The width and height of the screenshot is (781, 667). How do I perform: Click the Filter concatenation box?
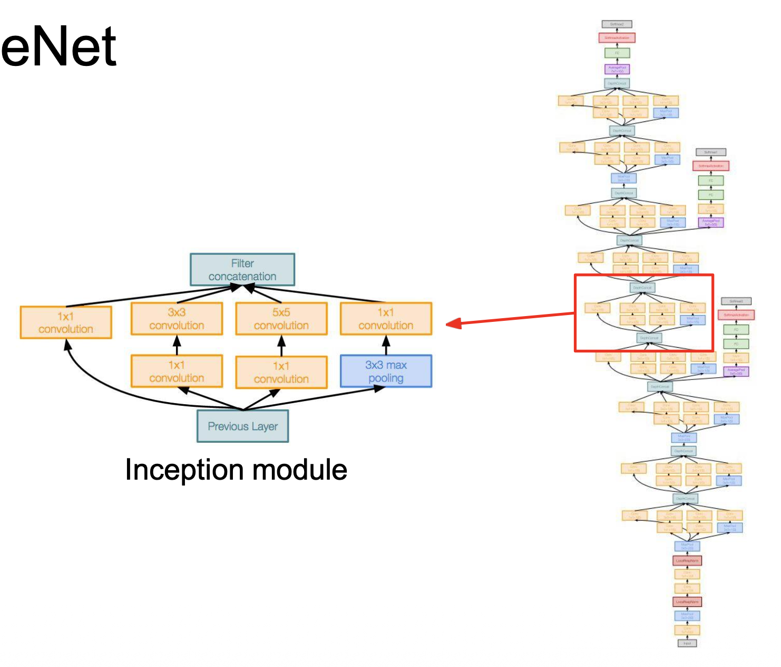pos(242,270)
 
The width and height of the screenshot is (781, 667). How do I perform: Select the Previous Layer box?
pos(242,426)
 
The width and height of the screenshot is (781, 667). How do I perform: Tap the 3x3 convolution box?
pos(177,319)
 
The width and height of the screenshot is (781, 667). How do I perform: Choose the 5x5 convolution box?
pos(281,319)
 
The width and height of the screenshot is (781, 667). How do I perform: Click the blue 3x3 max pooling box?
pos(386,371)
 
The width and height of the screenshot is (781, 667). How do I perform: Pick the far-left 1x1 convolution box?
pos(66,322)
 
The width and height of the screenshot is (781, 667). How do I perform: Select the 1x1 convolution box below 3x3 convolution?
pos(177,371)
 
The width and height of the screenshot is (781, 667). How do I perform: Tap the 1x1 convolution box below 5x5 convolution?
pos(281,373)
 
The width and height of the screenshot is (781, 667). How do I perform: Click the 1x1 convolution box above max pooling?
pos(386,319)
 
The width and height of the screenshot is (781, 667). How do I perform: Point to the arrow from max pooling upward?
pos(386,345)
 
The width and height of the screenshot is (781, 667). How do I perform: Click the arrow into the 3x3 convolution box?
pos(177,345)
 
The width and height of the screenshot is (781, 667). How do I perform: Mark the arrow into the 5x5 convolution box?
pos(281,345)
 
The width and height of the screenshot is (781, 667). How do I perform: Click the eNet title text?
pos(58,47)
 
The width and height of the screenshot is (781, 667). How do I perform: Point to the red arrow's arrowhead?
pos(453,323)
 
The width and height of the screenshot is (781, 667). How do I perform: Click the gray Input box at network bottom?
pos(687,643)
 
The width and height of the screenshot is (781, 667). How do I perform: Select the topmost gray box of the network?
pos(617,24)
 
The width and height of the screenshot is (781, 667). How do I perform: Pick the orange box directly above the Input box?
pos(687,630)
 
